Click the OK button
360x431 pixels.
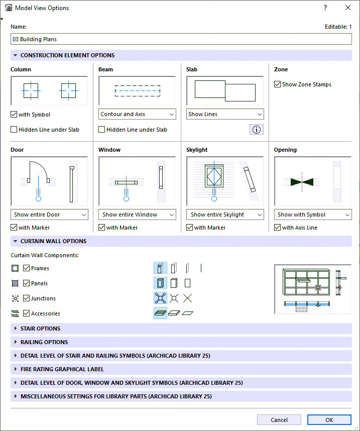329,420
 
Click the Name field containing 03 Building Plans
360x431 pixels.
181,39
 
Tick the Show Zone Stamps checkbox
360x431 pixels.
278,84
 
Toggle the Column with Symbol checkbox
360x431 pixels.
14,115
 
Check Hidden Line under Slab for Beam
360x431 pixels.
102,130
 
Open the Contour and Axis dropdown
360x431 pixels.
137,114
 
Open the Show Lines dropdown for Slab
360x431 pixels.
225,114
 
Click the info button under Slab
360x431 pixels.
256,130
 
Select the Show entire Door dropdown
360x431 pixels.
49,214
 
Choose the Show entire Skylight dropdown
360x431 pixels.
225,214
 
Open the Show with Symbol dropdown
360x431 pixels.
313,214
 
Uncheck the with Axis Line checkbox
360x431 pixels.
278,228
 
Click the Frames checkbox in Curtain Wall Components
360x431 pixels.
27,268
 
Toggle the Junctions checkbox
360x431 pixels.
27,298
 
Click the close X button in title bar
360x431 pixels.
348,8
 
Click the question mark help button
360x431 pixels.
325,8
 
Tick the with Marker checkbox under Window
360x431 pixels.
102,228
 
